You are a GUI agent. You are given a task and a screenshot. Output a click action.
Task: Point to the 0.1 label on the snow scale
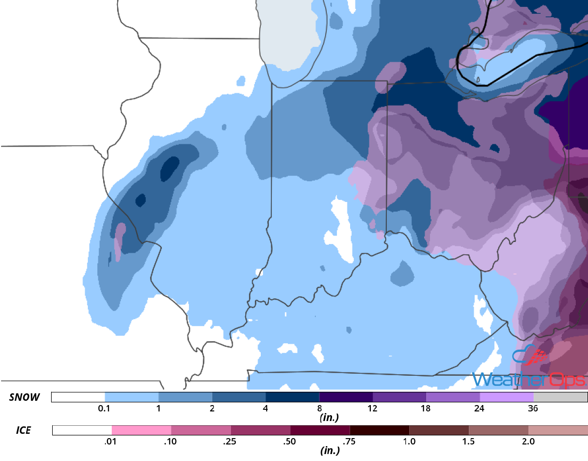point(104,409)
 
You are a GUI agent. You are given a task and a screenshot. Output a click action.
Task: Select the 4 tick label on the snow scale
point(266,409)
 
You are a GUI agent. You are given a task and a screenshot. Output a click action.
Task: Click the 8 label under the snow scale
point(319,409)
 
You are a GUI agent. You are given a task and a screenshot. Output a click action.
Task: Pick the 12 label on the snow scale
point(372,409)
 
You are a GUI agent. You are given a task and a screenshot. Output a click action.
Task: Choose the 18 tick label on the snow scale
point(426,409)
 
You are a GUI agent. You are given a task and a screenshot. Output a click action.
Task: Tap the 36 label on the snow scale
point(533,409)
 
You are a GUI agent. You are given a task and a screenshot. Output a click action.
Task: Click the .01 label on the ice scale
point(111,441)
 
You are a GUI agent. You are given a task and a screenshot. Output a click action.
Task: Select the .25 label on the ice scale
point(230,441)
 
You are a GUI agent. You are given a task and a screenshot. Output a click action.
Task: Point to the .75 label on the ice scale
point(350,441)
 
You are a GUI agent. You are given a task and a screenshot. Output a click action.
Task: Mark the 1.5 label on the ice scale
point(468,441)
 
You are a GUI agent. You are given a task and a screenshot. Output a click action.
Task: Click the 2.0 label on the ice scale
point(528,441)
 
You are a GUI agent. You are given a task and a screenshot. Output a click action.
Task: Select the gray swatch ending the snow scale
point(560,398)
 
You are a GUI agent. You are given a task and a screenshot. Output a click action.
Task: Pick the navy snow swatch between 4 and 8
point(292,398)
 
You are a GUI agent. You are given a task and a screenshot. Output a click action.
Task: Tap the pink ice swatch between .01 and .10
point(141,430)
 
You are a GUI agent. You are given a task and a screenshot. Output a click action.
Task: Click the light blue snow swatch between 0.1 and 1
point(131,398)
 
